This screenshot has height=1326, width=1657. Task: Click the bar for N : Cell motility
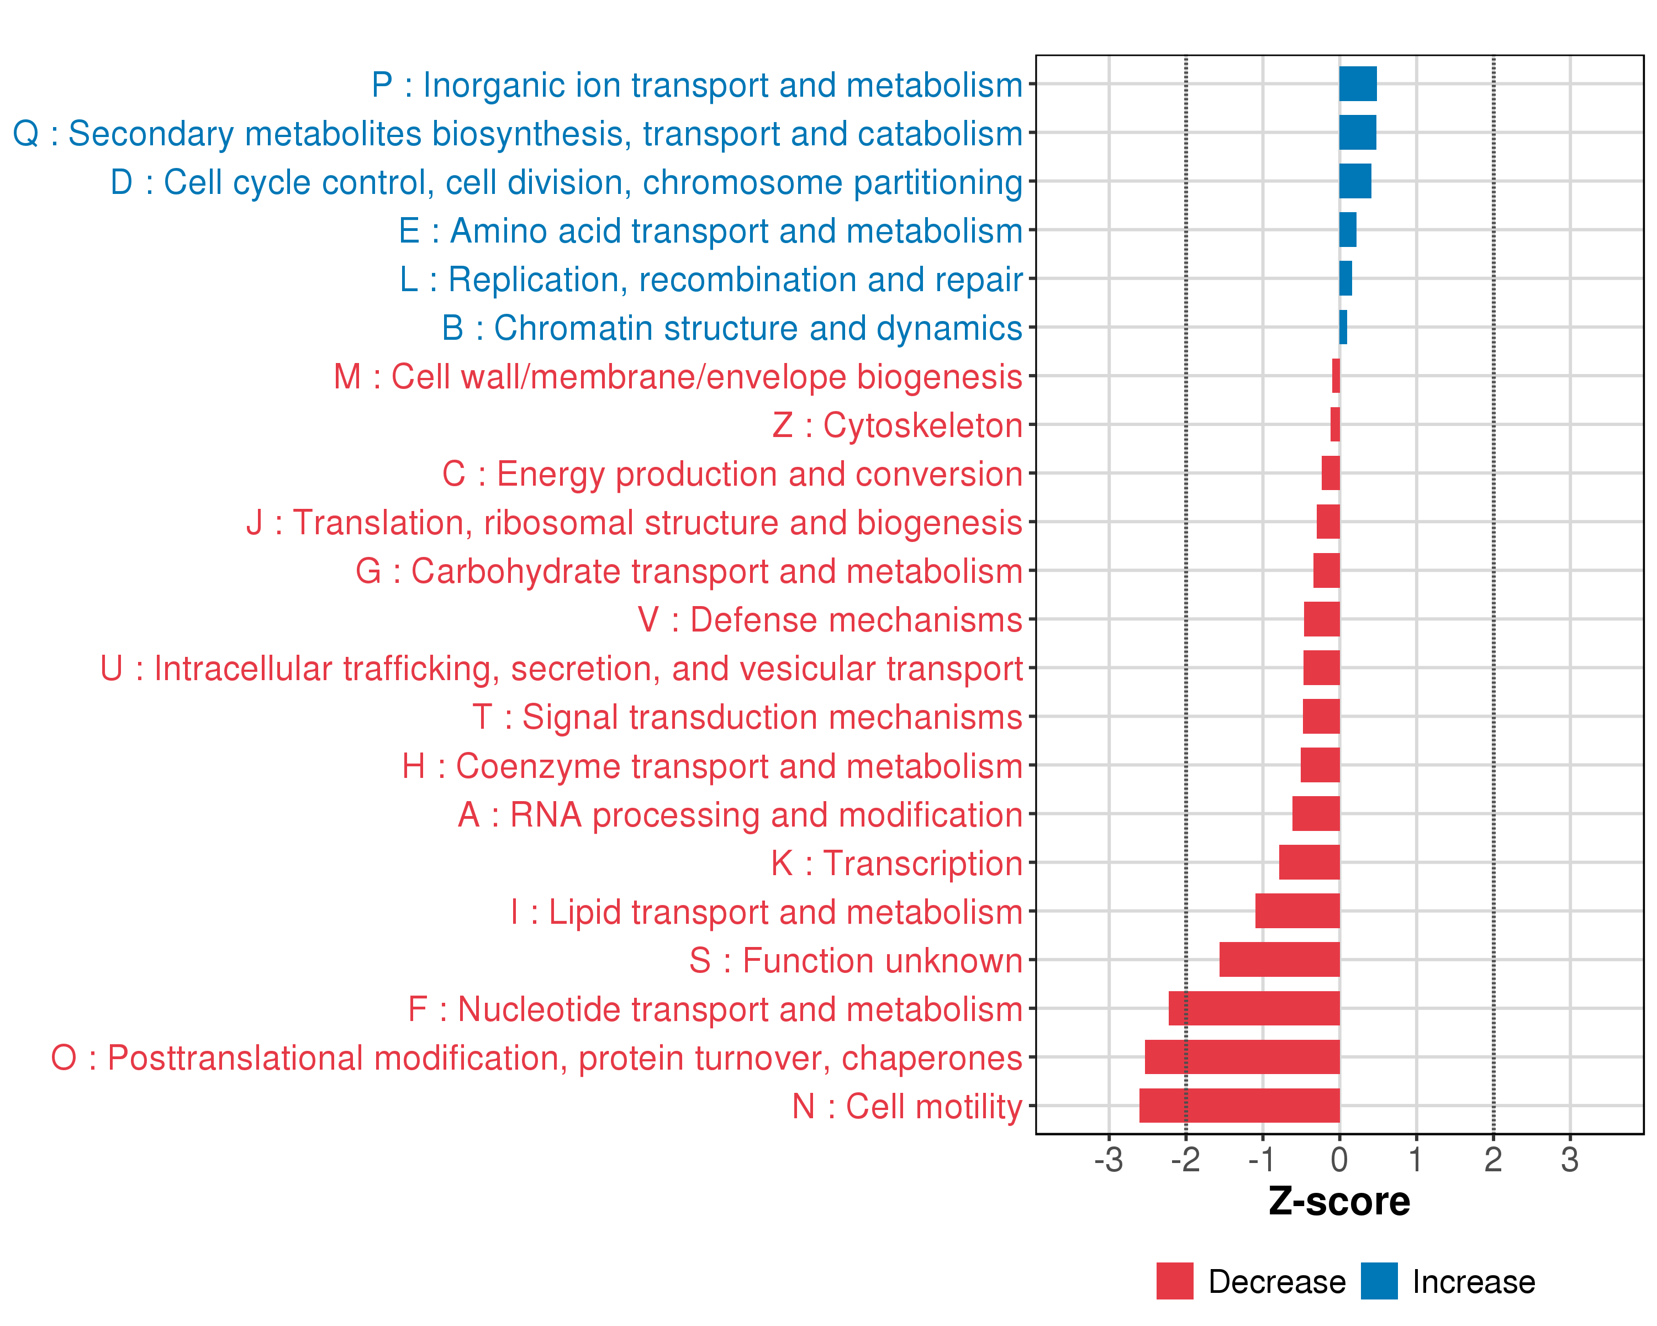point(1239,1106)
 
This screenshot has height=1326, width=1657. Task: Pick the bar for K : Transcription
point(1309,862)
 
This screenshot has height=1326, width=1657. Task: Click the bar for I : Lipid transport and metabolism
point(1297,911)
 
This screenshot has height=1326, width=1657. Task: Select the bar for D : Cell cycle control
point(1355,181)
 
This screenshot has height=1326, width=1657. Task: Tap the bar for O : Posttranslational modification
point(1242,1057)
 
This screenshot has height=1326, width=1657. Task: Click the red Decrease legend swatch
point(1174,1281)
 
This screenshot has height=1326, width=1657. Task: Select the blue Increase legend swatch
point(1379,1281)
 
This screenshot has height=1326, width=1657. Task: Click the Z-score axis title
point(1339,1202)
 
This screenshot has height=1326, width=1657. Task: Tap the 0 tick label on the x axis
point(1339,1159)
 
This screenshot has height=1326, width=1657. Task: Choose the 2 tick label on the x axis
point(1492,1159)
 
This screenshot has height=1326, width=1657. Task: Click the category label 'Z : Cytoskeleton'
point(897,425)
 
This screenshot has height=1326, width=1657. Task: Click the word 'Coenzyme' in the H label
point(537,766)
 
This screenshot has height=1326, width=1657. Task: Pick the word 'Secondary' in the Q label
point(151,134)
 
